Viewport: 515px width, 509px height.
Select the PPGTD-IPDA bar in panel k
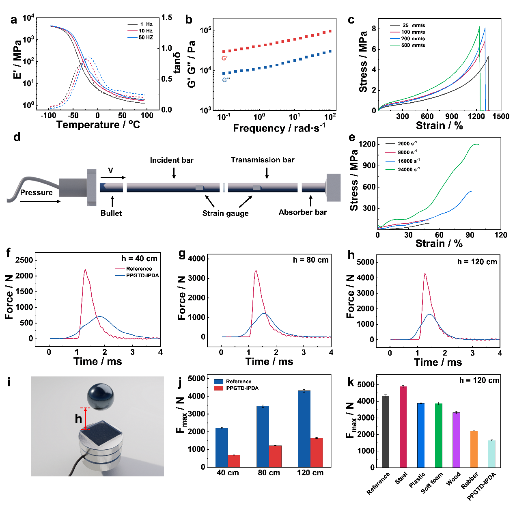[491, 454]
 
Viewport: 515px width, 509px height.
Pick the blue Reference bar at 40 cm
[222, 447]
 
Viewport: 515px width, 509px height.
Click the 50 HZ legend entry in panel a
[146, 37]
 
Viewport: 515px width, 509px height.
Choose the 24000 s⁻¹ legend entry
[408, 170]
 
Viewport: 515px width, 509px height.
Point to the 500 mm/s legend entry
[413, 45]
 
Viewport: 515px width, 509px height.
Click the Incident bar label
[172, 160]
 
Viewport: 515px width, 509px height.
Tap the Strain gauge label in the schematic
[225, 214]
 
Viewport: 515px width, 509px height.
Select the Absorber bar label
[302, 212]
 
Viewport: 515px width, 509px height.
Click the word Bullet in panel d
[111, 213]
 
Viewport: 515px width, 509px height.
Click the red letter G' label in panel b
[224, 58]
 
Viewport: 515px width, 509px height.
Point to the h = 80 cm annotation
[310, 260]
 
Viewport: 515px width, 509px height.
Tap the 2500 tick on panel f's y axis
[24, 260]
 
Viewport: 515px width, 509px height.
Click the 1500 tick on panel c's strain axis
[501, 116]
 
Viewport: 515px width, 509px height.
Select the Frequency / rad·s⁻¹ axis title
[279, 128]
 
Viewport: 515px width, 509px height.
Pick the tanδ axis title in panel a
[177, 63]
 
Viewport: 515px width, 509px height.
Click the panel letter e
[352, 137]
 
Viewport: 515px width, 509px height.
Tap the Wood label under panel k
[453, 479]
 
